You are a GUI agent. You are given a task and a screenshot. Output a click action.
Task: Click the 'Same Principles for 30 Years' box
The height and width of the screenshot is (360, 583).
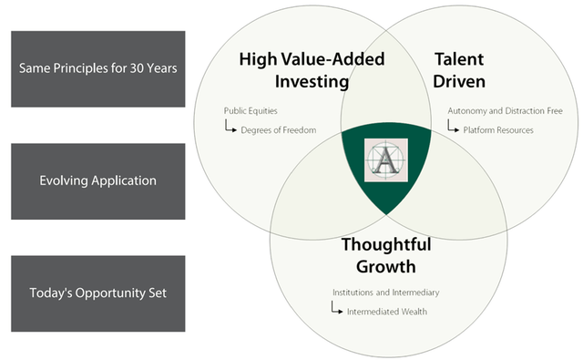click(x=98, y=68)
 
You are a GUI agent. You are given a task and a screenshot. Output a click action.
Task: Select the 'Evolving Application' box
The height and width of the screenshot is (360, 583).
click(x=98, y=181)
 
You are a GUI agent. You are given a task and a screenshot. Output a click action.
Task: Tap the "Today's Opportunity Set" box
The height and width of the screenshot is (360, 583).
click(x=98, y=293)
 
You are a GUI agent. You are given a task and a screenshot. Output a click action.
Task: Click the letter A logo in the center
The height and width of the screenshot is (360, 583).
click(x=386, y=159)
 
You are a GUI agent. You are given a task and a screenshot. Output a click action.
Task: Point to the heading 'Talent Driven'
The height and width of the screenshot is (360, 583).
click(x=459, y=70)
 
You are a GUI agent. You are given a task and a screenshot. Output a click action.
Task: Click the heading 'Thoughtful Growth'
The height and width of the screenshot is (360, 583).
click(x=386, y=255)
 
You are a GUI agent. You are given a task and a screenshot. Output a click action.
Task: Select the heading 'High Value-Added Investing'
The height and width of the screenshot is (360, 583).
click(x=312, y=70)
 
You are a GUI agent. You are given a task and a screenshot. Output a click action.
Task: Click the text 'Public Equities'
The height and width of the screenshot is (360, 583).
click(x=251, y=111)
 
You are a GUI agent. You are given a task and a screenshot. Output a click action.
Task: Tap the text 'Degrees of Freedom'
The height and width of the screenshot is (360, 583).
click(x=279, y=130)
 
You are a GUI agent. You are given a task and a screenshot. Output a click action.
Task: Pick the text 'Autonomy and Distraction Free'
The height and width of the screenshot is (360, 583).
click(x=505, y=111)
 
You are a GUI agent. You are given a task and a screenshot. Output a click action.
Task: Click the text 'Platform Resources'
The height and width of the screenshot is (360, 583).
click(x=498, y=130)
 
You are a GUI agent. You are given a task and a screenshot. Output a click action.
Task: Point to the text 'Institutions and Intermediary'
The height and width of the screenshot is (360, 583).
click(x=386, y=293)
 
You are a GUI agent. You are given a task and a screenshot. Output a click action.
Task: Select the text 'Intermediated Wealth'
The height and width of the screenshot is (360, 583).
click(x=387, y=312)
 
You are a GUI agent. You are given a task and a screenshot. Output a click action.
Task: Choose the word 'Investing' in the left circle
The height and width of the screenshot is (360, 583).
click(x=312, y=82)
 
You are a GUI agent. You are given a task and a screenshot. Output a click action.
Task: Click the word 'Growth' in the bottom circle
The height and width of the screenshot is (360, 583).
click(x=386, y=267)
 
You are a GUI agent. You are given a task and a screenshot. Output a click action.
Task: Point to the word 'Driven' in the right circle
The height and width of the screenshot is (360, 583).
click(x=459, y=81)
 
